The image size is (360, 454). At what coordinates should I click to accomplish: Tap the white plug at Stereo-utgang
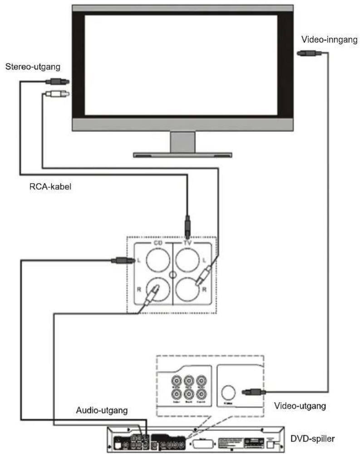pos(56,95)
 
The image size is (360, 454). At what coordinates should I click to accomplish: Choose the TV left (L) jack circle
pos(188,260)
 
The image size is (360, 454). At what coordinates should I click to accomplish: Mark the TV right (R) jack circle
pos(188,289)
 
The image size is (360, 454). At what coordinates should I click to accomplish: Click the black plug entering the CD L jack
pos(122,260)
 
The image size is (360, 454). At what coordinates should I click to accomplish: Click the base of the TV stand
pos(182,155)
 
